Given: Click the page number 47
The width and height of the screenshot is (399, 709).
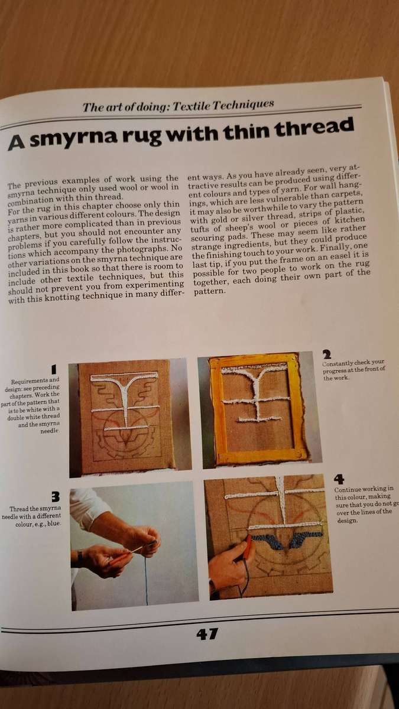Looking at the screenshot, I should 206,635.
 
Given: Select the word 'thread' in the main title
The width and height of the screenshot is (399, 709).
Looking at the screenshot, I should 316,126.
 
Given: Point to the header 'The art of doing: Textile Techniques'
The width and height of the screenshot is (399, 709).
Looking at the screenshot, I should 178,106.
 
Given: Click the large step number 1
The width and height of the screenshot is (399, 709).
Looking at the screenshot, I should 53,370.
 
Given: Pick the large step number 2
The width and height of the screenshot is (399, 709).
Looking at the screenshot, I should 326,354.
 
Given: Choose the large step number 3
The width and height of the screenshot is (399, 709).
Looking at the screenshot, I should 55,497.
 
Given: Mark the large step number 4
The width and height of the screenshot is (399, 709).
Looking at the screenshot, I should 339,479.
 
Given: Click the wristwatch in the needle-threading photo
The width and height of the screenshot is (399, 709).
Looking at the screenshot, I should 78,558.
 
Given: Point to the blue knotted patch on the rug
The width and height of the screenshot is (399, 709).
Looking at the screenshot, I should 264,539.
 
